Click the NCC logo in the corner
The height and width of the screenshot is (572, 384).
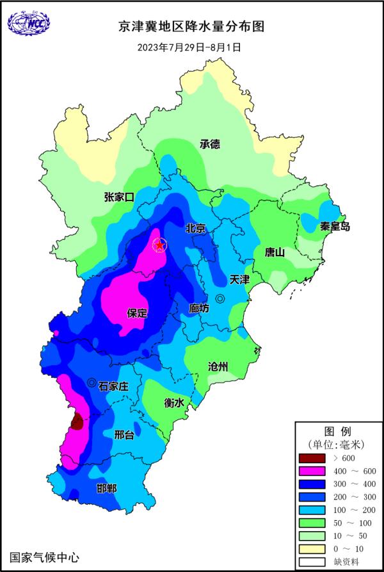(x=28, y=25)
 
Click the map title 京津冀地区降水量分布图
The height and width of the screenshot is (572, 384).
(x=191, y=27)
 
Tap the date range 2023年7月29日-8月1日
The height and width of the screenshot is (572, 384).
(x=191, y=47)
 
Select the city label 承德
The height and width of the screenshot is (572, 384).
(x=209, y=144)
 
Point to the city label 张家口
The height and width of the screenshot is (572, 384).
(x=119, y=197)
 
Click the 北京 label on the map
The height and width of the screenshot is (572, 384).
(x=195, y=229)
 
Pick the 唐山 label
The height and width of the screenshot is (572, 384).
(x=275, y=252)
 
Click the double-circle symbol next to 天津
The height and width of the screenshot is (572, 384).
(x=220, y=298)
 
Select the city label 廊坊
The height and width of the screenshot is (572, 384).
(x=199, y=308)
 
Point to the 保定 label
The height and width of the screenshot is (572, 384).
(x=137, y=313)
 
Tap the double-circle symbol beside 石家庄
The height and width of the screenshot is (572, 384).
(x=92, y=382)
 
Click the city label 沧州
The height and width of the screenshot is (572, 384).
(x=218, y=366)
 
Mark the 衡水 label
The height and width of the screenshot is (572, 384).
(x=174, y=403)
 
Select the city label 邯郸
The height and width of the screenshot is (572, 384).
(x=107, y=489)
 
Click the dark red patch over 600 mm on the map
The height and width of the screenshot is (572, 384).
(x=77, y=421)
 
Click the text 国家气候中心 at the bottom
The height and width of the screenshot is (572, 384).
(x=45, y=557)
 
